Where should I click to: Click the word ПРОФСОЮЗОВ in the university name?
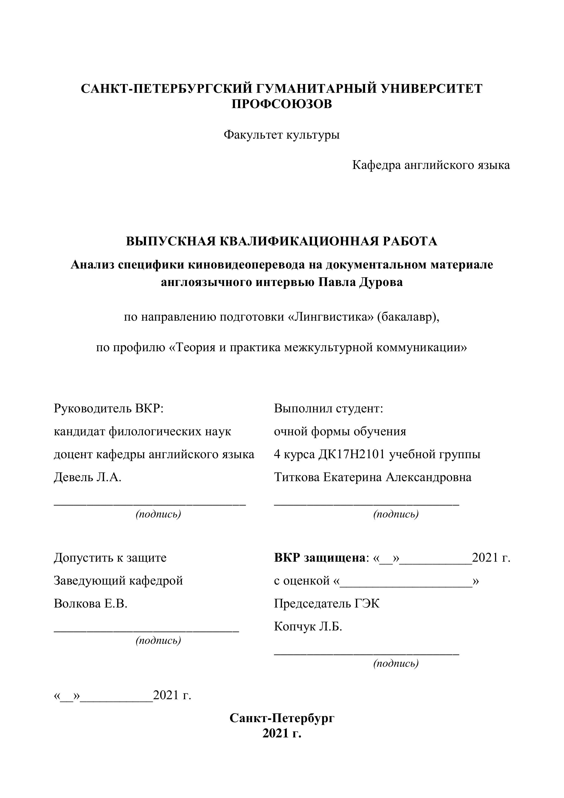click(282, 104)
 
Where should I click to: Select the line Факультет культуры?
click(282, 135)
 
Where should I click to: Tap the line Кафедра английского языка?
click(431, 165)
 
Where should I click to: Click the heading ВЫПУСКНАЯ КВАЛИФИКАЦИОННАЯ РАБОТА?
click(282, 241)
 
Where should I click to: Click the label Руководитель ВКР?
click(108, 408)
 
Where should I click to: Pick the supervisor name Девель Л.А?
click(88, 477)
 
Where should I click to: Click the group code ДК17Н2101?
click(352, 454)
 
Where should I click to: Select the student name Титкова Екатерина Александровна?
click(372, 477)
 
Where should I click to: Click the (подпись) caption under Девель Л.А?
click(158, 514)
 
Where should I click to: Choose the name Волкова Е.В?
click(91, 604)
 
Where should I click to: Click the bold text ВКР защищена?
click(319, 558)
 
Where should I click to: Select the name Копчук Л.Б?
click(308, 627)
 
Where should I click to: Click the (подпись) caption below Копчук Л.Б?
click(396, 663)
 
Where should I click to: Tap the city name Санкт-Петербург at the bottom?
click(282, 718)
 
